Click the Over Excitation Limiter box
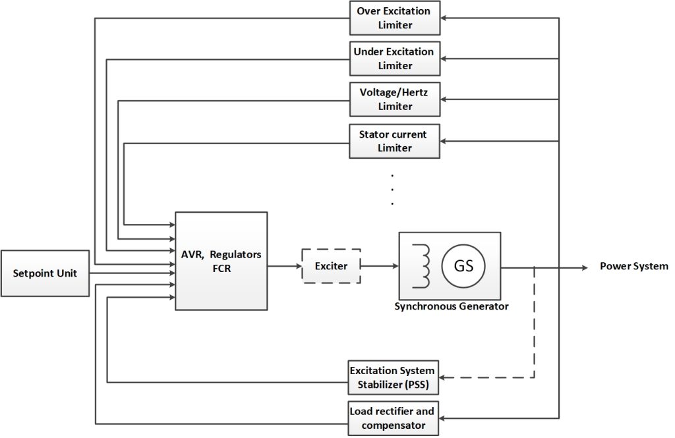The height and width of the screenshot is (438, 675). (394, 18)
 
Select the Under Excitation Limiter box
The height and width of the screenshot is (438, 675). (394, 59)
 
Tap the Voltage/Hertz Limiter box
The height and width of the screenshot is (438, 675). (394, 99)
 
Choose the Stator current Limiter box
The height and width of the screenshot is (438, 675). (394, 141)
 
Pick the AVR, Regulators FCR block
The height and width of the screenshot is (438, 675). (221, 261)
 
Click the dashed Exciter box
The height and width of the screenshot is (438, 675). (331, 266)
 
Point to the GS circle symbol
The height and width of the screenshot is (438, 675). (463, 267)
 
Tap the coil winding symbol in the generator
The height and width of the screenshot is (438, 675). (421, 266)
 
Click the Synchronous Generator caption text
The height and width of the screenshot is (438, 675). (451, 306)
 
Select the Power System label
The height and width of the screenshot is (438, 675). (633, 266)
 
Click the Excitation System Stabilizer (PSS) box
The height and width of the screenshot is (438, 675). (394, 377)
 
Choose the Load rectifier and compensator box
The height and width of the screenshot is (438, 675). (394, 418)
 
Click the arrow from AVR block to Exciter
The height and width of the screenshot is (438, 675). (284, 266)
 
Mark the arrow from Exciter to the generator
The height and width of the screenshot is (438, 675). (379, 266)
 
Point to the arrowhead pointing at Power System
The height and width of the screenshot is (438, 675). (584, 267)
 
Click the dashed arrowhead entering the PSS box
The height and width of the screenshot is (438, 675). (444, 377)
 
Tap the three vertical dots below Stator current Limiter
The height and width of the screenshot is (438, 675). (392, 190)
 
